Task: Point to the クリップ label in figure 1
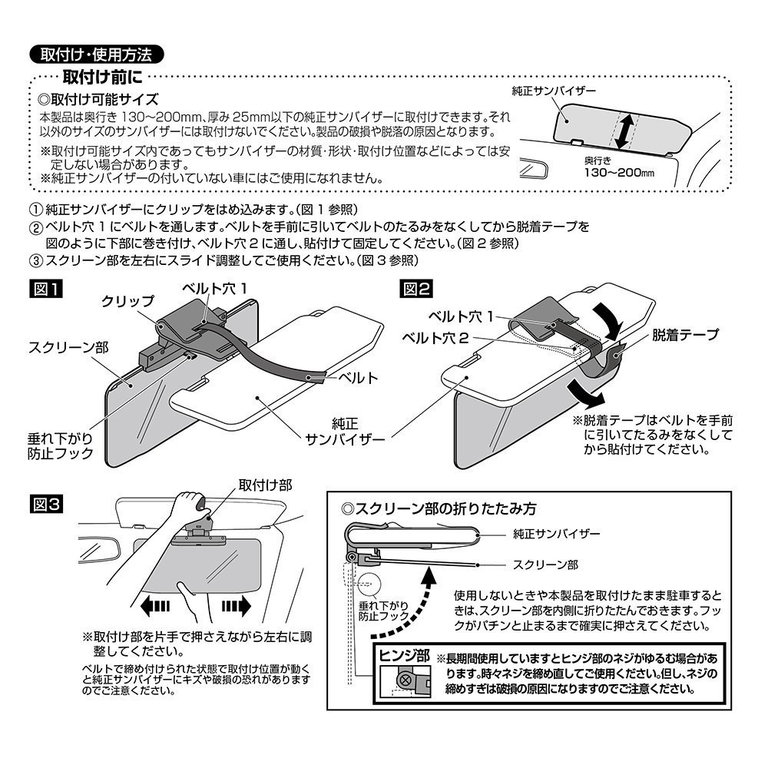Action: (127, 302)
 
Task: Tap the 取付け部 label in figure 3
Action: (265, 485)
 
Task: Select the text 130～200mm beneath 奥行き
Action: (617, 174)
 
